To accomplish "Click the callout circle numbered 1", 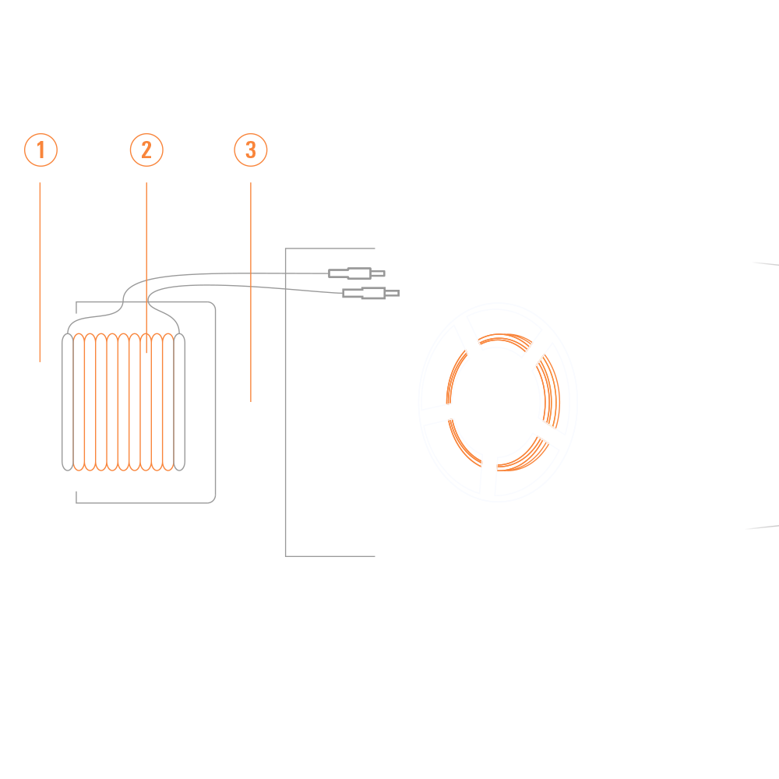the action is point(41,150).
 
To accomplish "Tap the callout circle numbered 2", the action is point(146,150).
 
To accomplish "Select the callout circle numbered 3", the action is point(250,150).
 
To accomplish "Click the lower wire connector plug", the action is point(370,293).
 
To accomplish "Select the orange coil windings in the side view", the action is point(125,401).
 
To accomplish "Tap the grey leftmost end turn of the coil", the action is point(67,401).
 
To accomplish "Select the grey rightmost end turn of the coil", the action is point(182,401).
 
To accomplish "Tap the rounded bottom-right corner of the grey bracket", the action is point(211,499).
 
